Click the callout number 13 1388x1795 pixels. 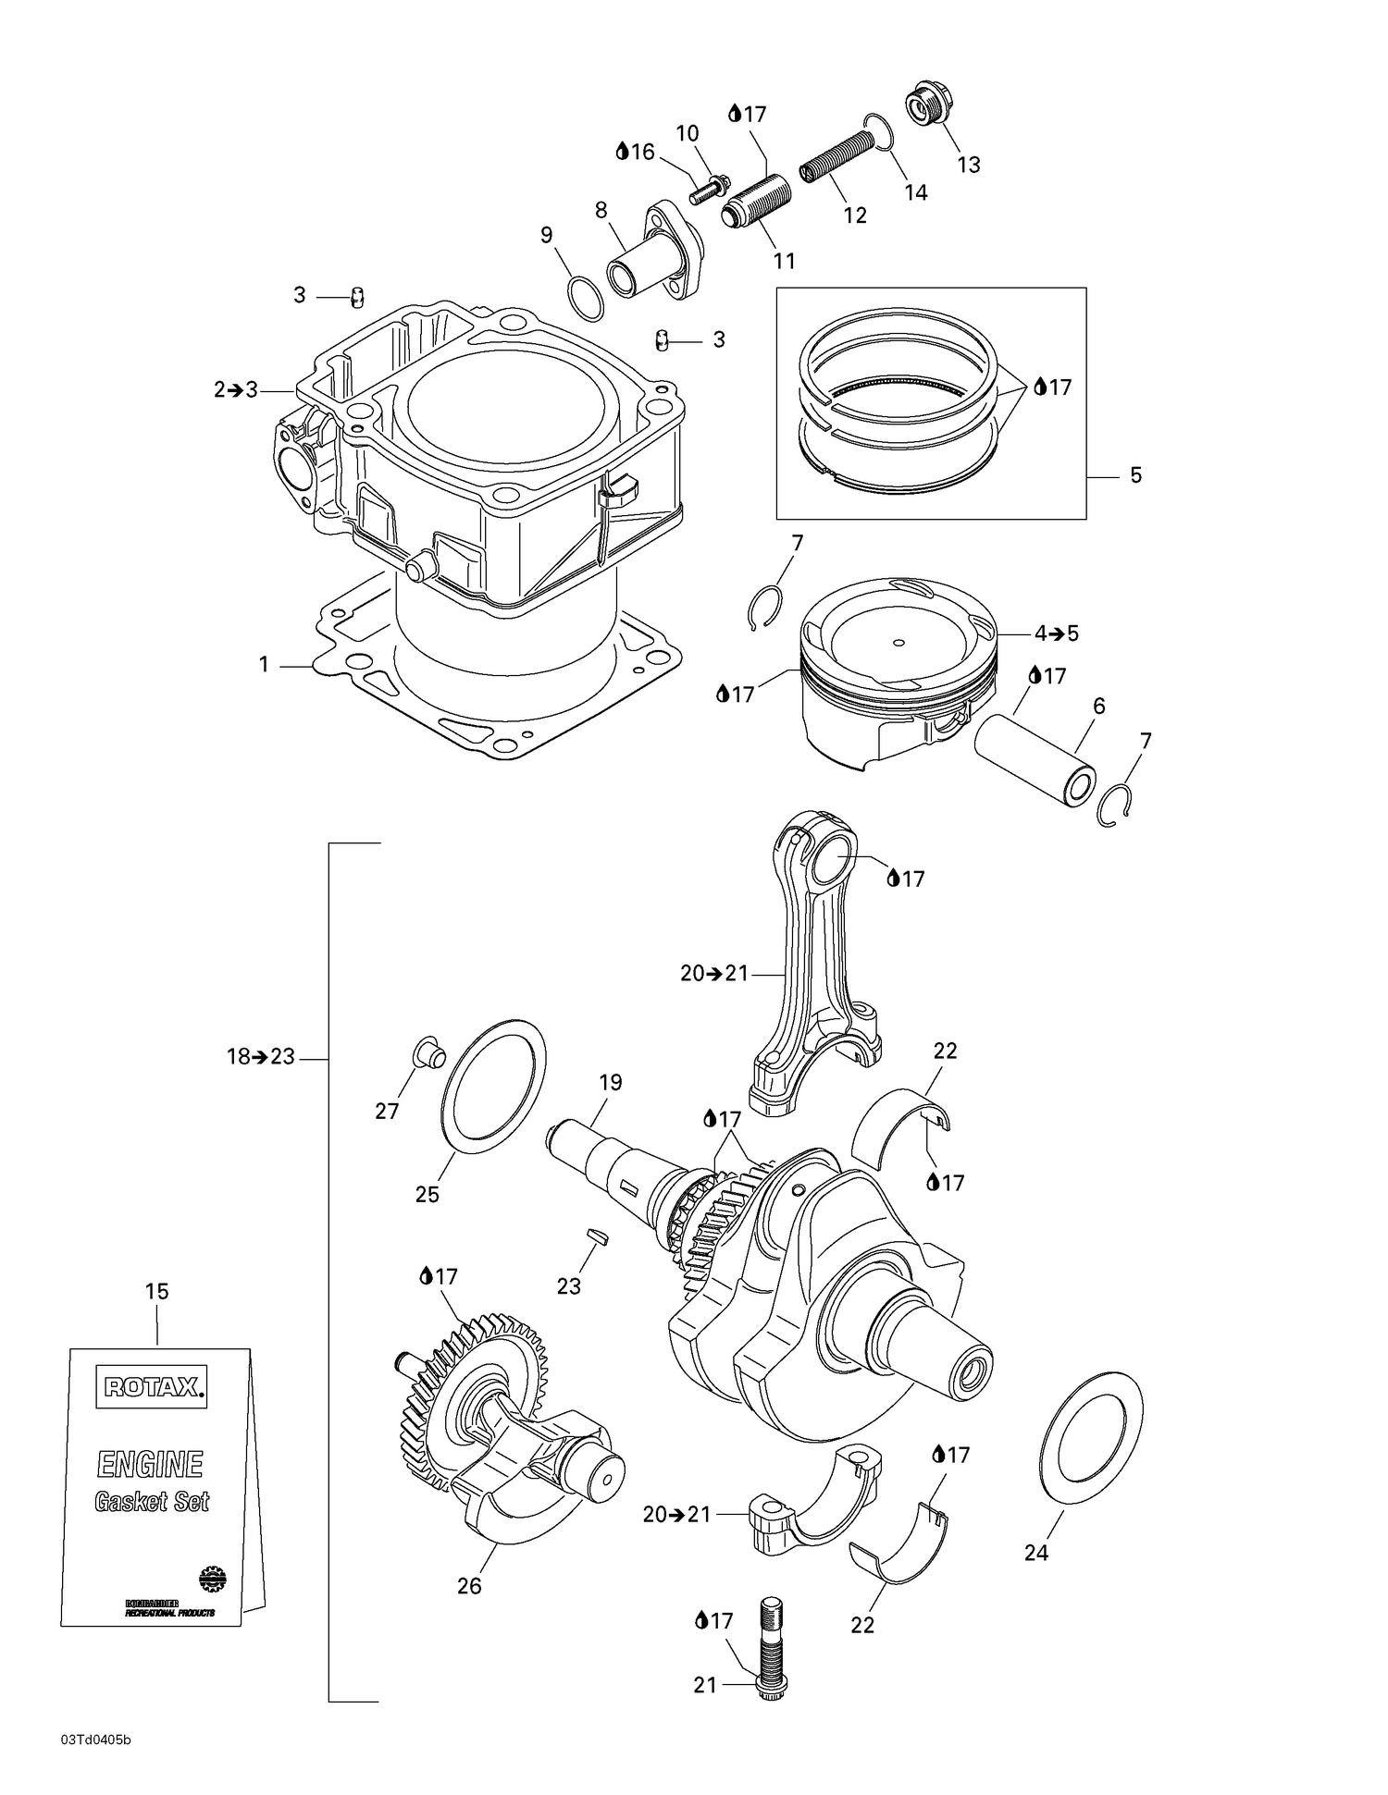click(x=968, y=165)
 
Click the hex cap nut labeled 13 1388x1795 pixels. click(x=922, y=106)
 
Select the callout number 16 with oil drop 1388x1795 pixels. click(x=636, y=152)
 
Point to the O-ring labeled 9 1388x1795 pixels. click(x=586, y=298)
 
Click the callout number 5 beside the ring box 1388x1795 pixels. click(x=1135, y=475)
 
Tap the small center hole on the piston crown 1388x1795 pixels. click(x=898, y=642)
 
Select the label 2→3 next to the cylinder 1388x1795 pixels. click(x=236, y=390)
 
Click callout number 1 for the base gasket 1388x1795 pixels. click(x=264, y=665)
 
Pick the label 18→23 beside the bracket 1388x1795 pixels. click(x=261, y=1057)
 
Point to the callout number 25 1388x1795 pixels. click(x=427, y=1195)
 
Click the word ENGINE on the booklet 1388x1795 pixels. click(x=150, y=1465)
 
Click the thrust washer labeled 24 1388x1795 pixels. click(x=1092, y=1427)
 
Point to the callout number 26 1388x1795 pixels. click(x=469, y=1586)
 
